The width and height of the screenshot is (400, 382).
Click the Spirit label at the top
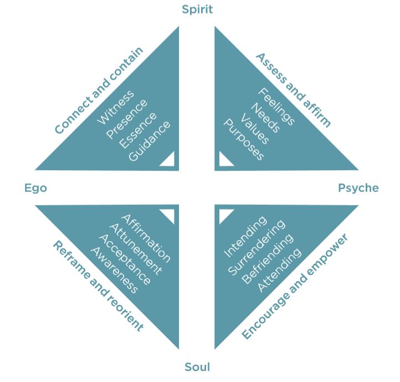click(197, 9)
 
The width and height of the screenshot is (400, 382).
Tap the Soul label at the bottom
click(197, 366)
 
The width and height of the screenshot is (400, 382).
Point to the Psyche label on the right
click(358, 188)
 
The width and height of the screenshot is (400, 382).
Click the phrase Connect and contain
click(99, 90)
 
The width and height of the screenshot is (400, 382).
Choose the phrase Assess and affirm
click(293, 90)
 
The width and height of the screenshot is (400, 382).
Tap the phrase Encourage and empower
click(295, 286)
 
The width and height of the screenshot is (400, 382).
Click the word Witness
click(115, 108)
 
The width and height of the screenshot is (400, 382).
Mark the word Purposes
click(243, 139)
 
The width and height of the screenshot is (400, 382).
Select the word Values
click(255, 129)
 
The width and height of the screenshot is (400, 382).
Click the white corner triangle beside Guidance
click(168, 160)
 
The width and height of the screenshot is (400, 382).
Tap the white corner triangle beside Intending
click(224, 215)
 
